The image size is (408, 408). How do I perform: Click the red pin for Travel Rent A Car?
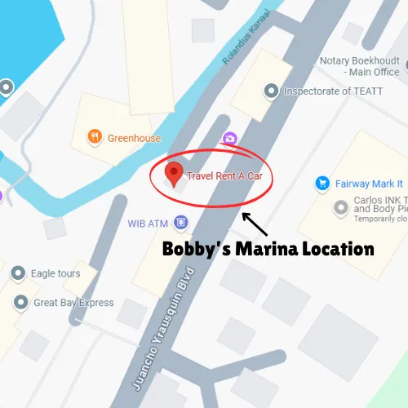[173, 173]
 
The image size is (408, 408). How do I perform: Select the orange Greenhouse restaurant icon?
[96, 138]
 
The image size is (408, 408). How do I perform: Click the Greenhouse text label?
[135, 139]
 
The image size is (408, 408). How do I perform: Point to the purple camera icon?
[230, 139]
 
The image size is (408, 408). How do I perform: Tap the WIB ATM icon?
[180, 222]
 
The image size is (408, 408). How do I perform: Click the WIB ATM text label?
[147, 222]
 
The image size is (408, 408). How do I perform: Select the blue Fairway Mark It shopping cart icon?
[322, 184]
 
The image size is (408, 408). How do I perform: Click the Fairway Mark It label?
[370, 184]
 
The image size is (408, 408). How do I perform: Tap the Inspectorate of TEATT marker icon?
[271, 91]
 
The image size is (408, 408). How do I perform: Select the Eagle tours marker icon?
[20, 274]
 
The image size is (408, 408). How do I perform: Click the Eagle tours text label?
[55, 274]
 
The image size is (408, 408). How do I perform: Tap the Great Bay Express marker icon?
[20, 304]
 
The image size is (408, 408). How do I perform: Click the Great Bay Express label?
[73, 304]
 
